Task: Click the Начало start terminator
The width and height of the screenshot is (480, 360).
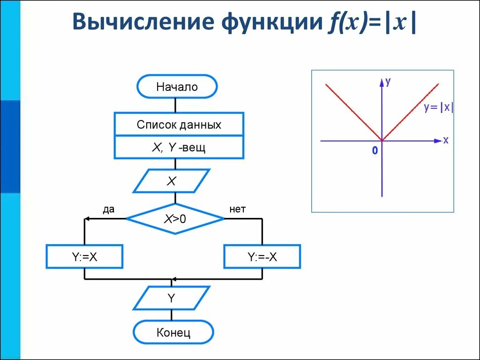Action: (x=177, y=87)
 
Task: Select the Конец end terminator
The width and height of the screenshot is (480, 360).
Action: (x=173, y=333)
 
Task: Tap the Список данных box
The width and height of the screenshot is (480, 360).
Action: (x=179, y=125)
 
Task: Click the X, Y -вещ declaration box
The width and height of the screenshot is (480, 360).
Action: (x=179, y=148)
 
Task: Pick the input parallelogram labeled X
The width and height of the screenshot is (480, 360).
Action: (x=172, y=181)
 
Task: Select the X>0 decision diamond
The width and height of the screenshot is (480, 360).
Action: (x=175, y=218)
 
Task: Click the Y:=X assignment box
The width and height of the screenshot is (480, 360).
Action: (x=84, y=256)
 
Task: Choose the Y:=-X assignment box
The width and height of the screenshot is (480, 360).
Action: (x=262, y=256)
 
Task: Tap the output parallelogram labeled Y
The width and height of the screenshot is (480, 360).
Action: (x=172, y=298)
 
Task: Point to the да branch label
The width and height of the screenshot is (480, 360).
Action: (x=109, y=210)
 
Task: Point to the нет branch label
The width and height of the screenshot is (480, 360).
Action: (x=238, y=210)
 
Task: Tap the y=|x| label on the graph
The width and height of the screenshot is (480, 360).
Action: (x=438, y=107)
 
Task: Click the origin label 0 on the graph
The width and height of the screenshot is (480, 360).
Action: (x=375, y=151)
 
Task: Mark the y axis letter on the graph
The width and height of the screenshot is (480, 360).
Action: (x=388, y=82)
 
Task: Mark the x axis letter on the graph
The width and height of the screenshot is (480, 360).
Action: (x=445, y=140)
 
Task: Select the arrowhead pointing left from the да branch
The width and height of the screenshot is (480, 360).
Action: (x=87, y=219)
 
